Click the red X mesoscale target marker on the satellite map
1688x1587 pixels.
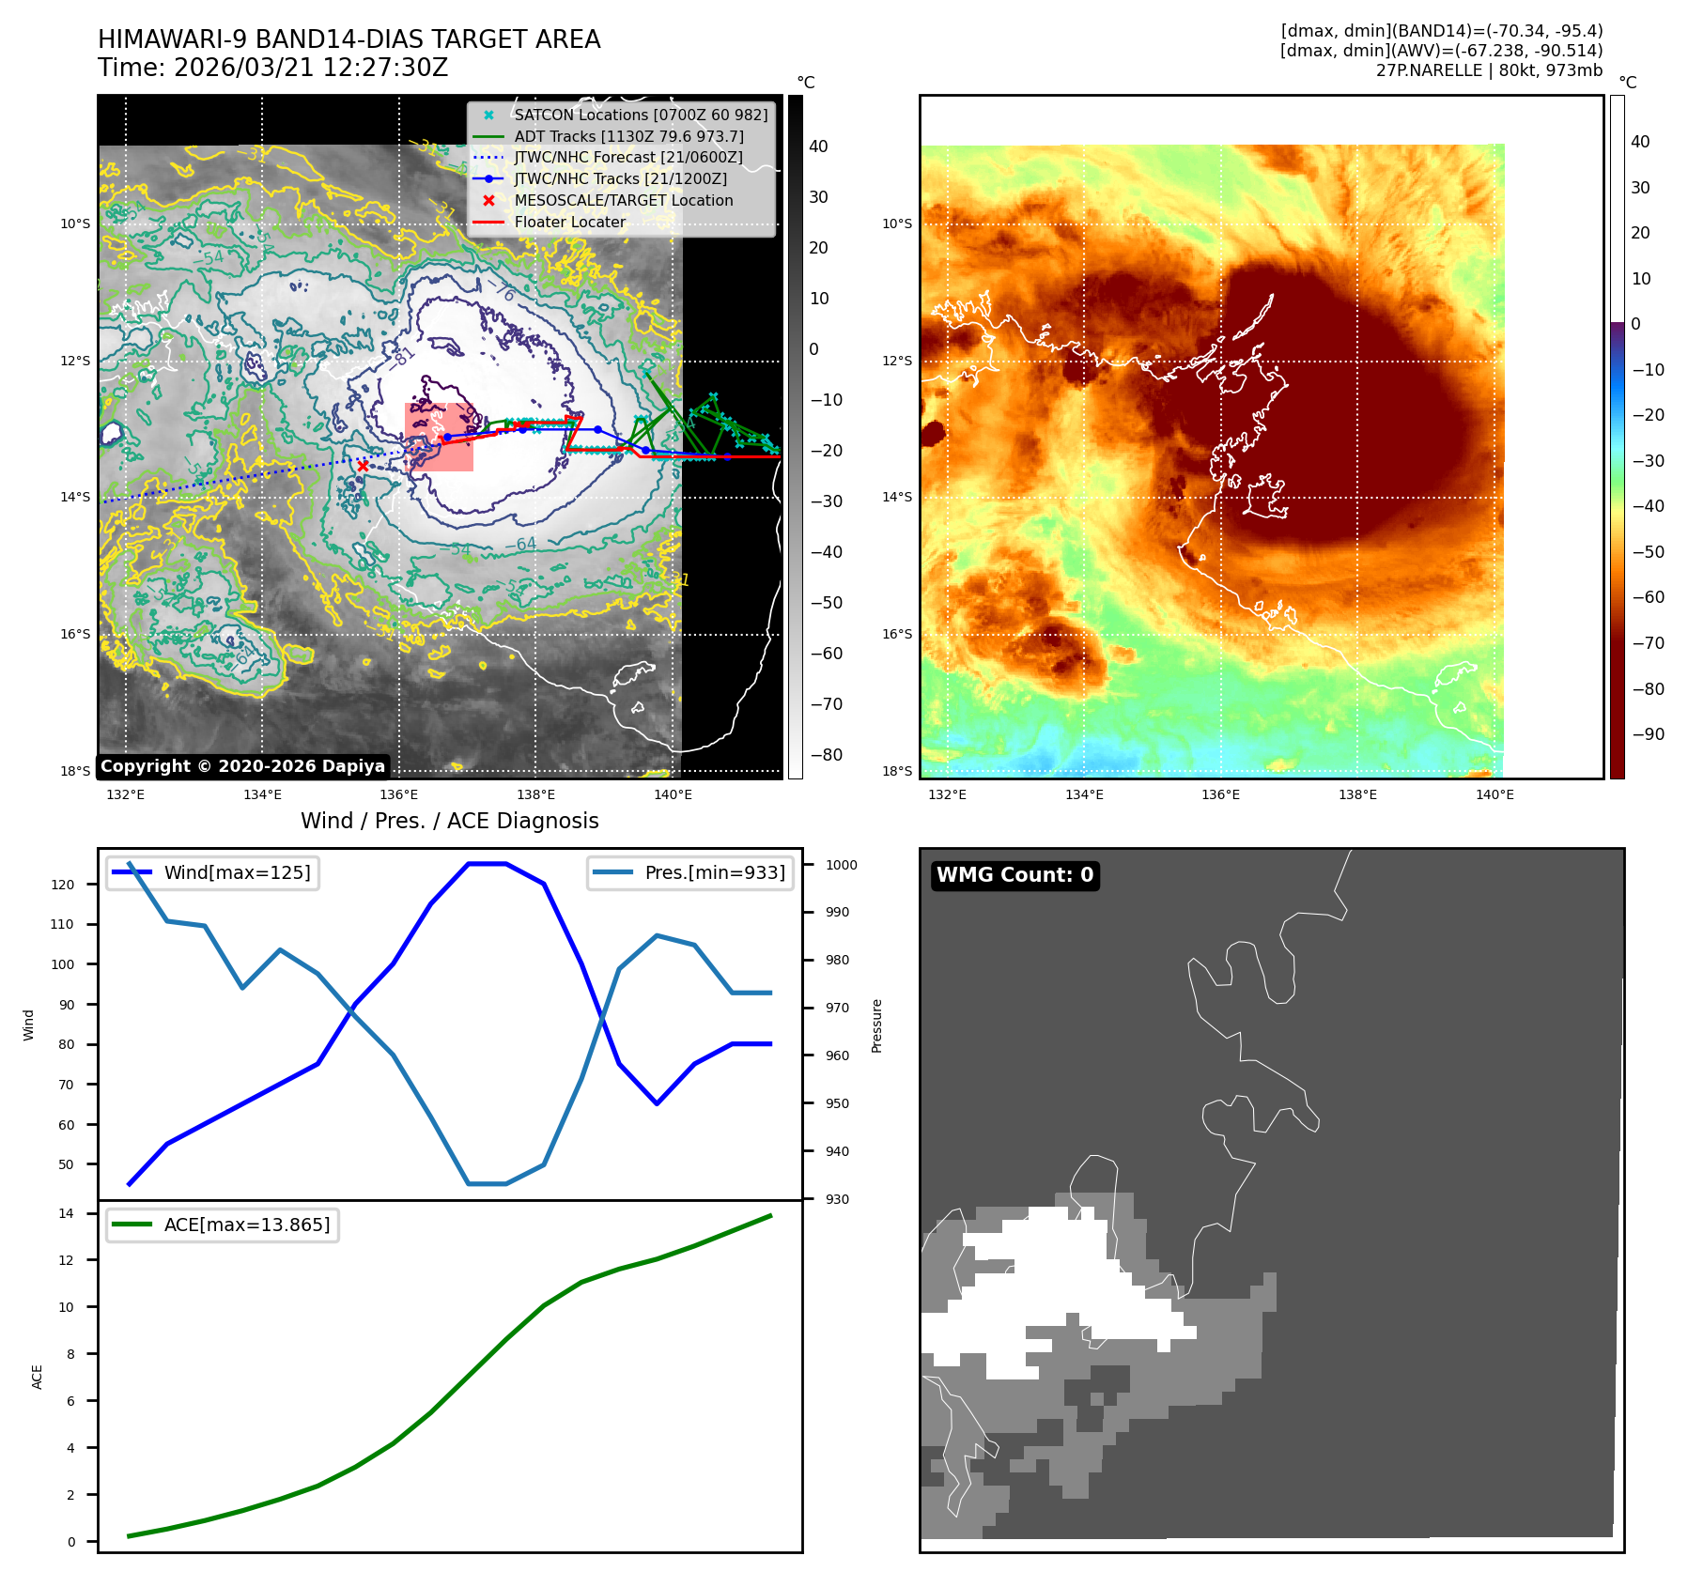click(x=363, y=465)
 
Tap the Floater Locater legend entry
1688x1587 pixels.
click(x=569, y=223)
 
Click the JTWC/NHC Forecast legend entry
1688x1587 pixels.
click(x=627, y=158)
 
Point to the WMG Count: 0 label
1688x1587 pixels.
click(x=1014, y=875)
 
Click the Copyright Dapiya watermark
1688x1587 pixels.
click(x=242, y=766)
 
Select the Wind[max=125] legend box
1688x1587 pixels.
click(x=212, y=873)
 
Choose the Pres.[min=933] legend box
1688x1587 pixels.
click(x=691, y=873)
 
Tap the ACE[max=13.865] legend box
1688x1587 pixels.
click(x=223, y=1225)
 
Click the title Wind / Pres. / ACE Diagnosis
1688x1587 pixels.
click(x=449, y=821)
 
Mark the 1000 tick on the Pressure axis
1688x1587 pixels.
click(x=841, y=865)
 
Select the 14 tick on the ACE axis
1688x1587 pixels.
click(x=67, y=1213)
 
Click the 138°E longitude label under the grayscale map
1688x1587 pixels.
click(x=535, y=795)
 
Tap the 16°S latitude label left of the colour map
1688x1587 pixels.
click(x=896, y=635)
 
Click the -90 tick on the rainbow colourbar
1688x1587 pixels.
click(x=1648, y=734)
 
